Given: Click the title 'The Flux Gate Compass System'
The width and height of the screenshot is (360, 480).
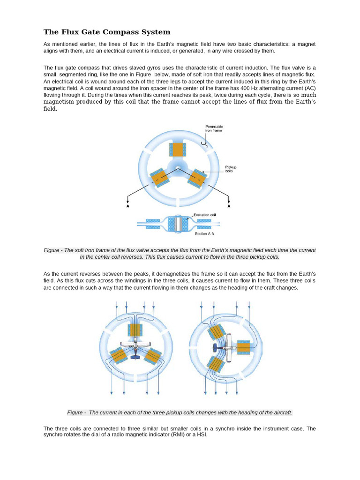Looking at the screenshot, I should coord(107,32).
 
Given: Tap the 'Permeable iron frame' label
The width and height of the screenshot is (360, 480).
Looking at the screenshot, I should coord(214,128).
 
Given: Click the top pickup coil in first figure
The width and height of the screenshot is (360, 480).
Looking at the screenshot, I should coord(177,150).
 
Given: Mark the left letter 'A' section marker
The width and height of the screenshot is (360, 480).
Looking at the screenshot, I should coord(128,206).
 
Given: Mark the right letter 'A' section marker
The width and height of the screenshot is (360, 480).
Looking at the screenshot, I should coord(229,206).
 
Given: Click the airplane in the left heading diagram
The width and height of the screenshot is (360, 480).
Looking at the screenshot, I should coord(135,347).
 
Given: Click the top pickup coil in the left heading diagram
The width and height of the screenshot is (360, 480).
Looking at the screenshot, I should coord(135,330).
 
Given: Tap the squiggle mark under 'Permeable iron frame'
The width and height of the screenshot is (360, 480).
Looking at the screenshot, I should coord(204,142).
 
